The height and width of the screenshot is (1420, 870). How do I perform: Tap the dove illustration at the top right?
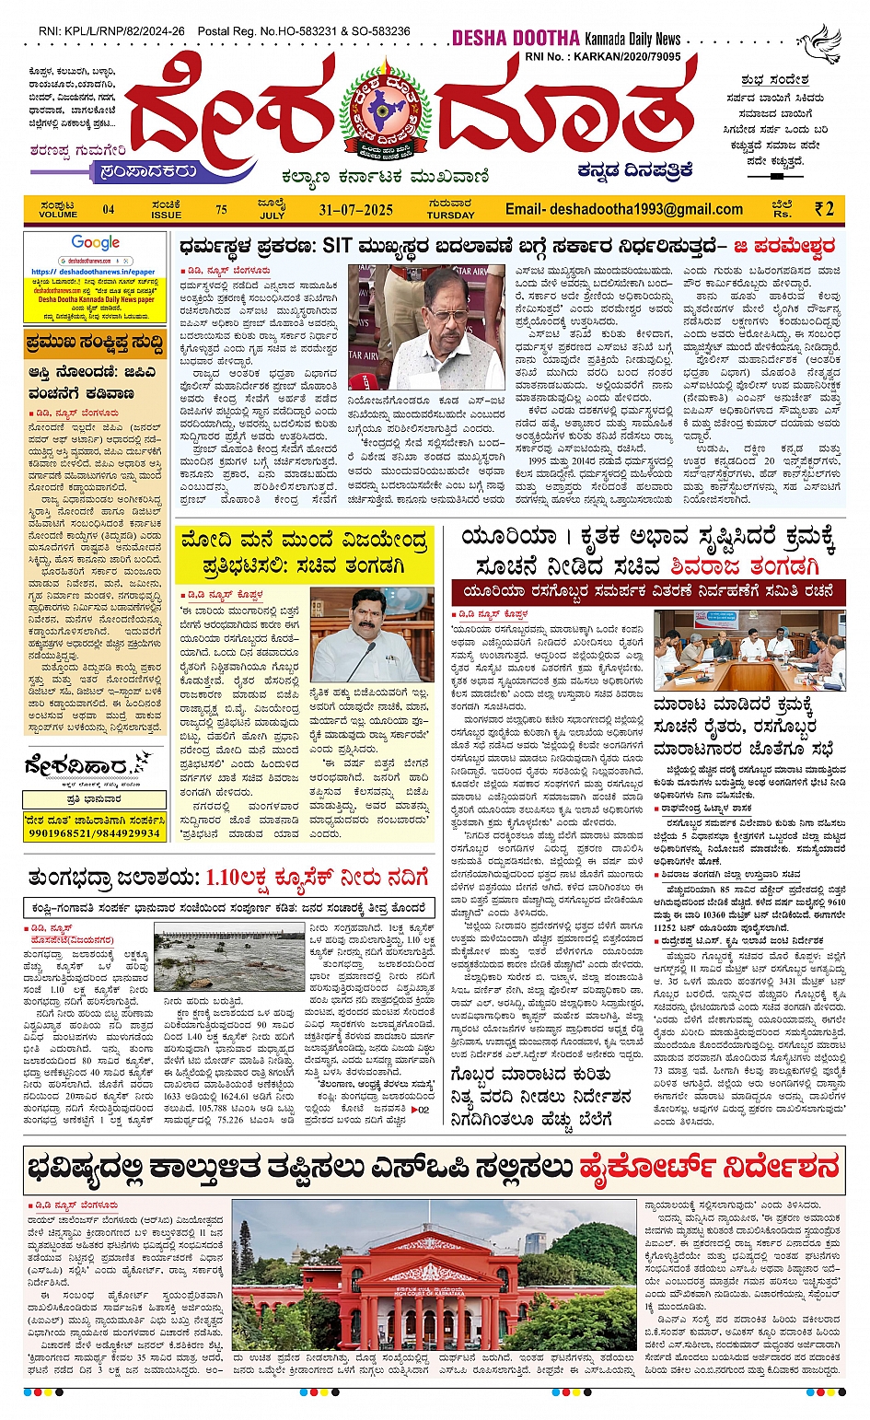pos(820,43)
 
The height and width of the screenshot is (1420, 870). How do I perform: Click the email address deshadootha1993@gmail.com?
pos(623,209)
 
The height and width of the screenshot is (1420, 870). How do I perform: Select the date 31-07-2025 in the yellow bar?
pos(356,209)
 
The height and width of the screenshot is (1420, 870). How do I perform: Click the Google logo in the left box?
pos(96,243)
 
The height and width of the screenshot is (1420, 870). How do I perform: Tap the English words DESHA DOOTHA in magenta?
pos(516,38)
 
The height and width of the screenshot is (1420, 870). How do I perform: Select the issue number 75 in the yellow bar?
pos(221,209)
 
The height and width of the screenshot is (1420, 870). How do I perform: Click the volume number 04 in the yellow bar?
pos(109,209)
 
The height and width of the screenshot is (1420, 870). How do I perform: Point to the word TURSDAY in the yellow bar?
pos(450,215)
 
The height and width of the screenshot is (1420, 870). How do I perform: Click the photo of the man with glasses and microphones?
pos(439,327)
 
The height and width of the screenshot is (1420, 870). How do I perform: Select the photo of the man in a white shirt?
pos(372,635)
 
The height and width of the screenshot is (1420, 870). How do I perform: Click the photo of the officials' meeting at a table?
pos(748,648)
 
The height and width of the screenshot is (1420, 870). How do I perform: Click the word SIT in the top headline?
pos(339,246)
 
